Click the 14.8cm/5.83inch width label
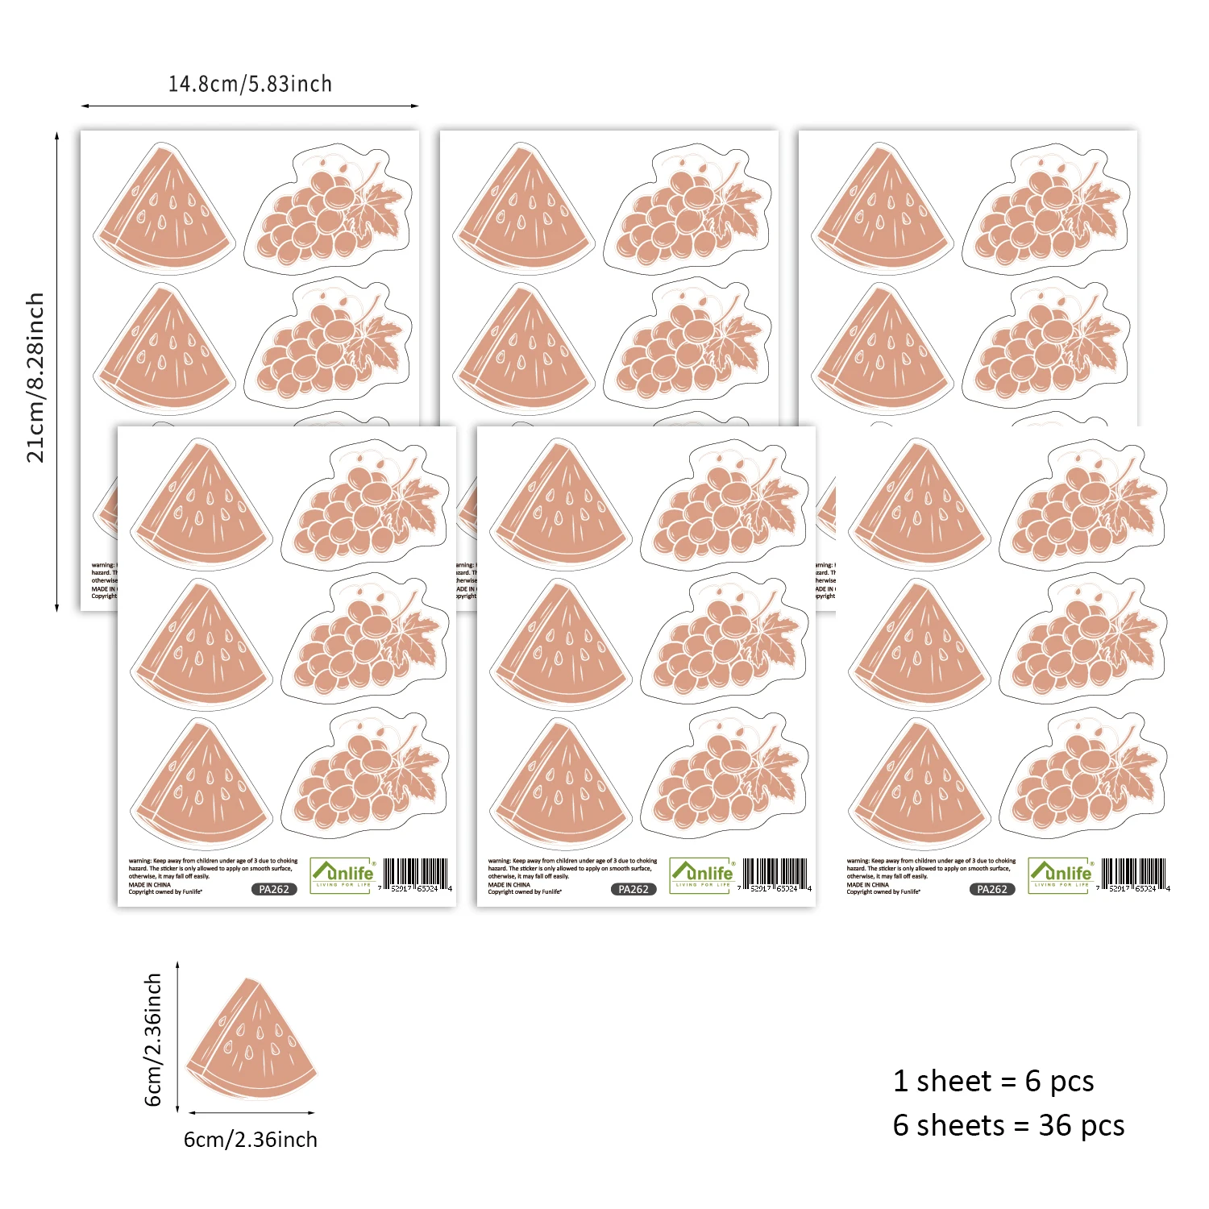click(250, 84)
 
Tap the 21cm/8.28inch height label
click(35, 377)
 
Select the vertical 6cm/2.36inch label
click(153, 1040)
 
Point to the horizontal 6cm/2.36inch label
click(251, 1140)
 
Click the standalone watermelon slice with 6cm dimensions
click(251, 1040)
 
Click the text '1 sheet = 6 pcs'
click(993, 1081)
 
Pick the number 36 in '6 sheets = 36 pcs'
click(1054, 1125)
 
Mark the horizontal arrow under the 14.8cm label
click(250, 106)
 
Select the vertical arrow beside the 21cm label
click(57, 371)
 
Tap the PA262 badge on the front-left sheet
click(274, 889)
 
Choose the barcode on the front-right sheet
click(1133, 875)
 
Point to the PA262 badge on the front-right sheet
click(992, 889)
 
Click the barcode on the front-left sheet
click(415, 875)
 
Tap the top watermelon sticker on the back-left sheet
click(166, 210)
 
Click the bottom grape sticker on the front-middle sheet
click(725, 775)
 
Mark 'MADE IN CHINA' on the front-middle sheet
click(509, 884)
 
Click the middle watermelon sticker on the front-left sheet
click(201, 645)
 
